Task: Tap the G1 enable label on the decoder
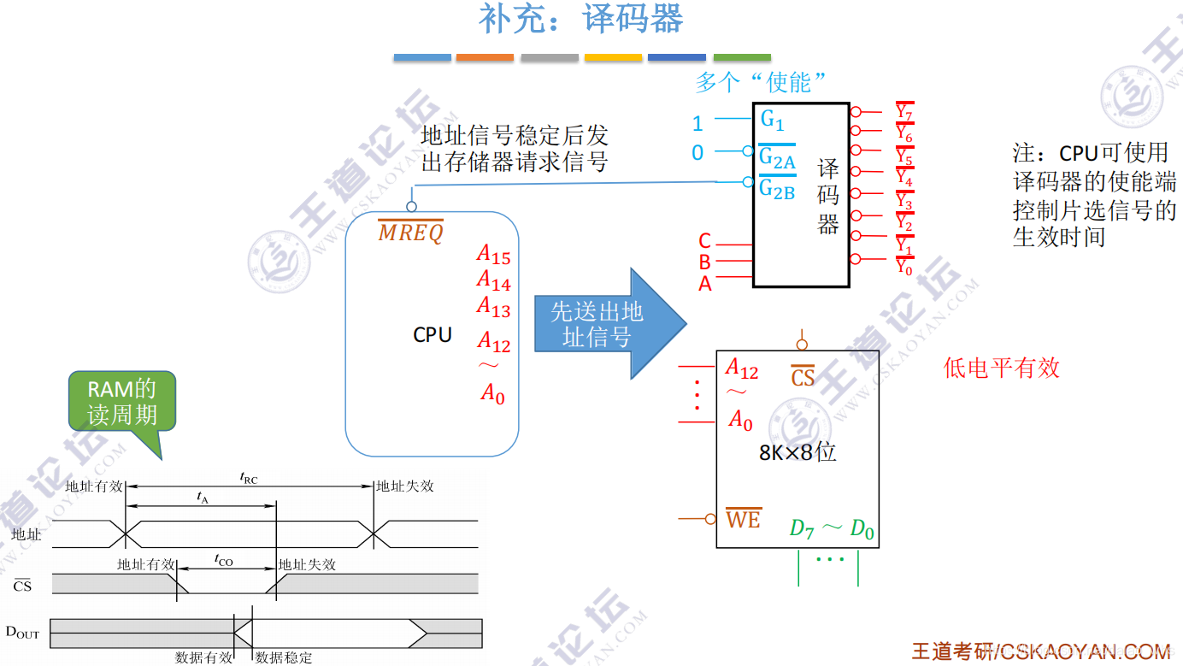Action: point(772,119)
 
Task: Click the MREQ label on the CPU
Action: point(411,232)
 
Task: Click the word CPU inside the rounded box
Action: point(433,335)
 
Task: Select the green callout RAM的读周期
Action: point(122,402)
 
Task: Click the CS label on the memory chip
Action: point(802,377)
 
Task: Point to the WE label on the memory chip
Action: point(743,518)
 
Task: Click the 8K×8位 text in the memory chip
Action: point(797,452)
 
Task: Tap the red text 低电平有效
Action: point(1001,368)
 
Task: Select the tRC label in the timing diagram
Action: point(249,479)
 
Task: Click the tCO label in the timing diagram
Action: point(223,561)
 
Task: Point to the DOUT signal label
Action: point(22,633)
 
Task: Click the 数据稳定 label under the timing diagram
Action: point(284,657)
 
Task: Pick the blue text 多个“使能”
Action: point(762,83)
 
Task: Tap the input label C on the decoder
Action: point(704,241)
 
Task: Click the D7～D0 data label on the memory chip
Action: point(831,529)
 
